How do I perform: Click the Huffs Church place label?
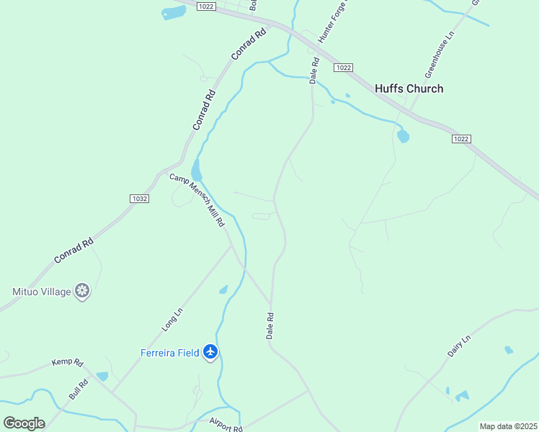point(409,89)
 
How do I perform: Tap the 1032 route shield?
point(140,198)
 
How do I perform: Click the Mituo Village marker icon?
point(83,291)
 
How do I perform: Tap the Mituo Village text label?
point(41,292)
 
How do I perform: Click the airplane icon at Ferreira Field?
point(210,352)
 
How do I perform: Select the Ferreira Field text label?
point(169,353)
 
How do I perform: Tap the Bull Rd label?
point(78,390)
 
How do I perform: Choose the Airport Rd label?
point(226,425)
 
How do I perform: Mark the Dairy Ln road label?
point(458,346)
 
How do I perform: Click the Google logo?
point(24,423)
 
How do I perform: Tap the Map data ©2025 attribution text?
point(508,426)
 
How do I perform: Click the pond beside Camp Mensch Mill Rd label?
point(196,171)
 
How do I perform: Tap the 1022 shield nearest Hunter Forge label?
point(343,67)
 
